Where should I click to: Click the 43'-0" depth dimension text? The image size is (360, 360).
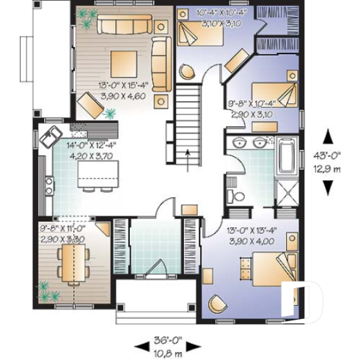click(x=331, y=156)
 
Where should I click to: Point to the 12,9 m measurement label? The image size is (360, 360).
click(x=331, y=169)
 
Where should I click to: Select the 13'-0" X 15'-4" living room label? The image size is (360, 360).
click(x=122, y=89)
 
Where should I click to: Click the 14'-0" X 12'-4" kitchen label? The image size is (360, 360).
click(x=92, y=150)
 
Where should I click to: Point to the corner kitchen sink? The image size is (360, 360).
click(x=52, y=135)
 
